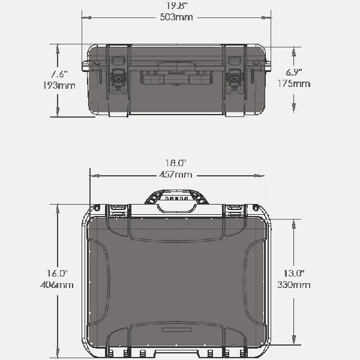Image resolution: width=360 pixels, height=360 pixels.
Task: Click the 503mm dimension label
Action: coord(176,17)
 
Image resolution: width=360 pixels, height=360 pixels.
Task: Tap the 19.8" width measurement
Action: coord(176,6)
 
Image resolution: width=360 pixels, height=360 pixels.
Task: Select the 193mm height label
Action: coord(59,86)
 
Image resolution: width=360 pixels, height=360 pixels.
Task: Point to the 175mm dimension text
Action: coord(294,83)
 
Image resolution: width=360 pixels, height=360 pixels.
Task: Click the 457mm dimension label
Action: coord(176,175)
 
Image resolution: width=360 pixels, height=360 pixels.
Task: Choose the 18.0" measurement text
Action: coord(176,163)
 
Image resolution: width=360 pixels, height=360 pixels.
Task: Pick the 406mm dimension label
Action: coord(57,285)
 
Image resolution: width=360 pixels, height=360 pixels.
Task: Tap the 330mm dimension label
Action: coord(294,285)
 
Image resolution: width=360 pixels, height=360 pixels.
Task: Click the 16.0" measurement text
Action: coord(57,273)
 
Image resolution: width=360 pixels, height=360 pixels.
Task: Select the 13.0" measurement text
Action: coord(294,273)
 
